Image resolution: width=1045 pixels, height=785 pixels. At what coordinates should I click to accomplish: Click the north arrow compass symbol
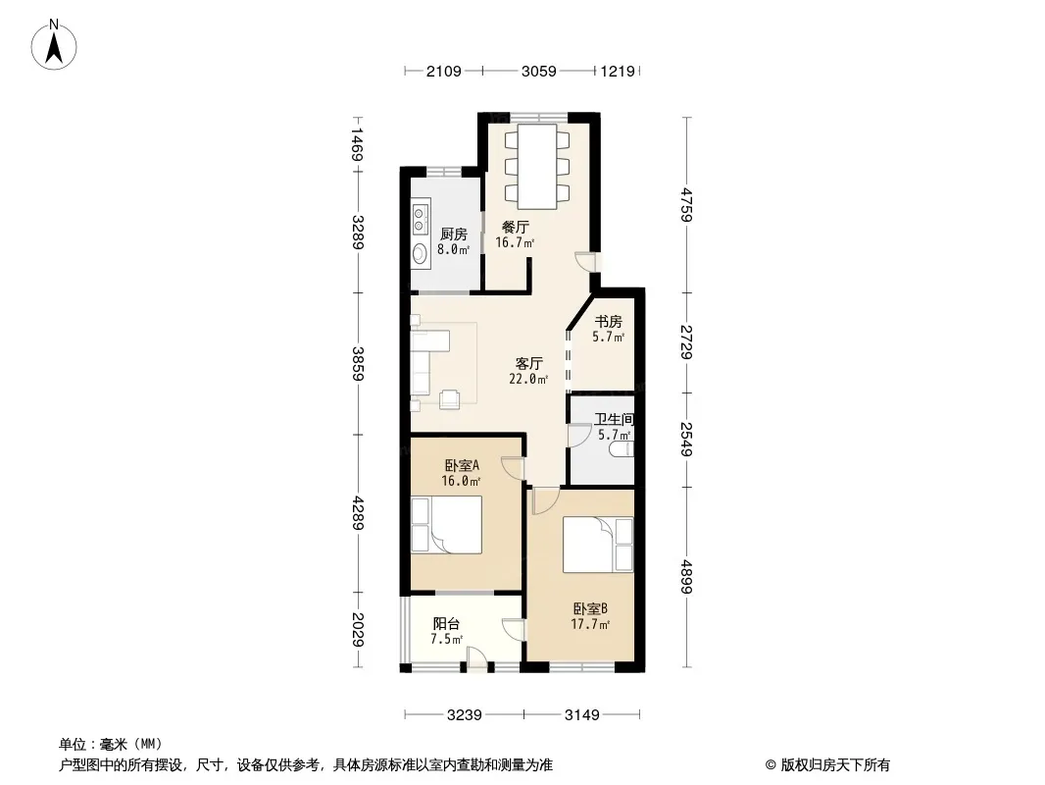click(x=54, y=45)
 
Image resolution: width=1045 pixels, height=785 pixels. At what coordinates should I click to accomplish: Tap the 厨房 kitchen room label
click(x=453, y=235)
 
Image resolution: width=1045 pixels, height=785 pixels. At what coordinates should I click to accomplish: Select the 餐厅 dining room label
click(x=516, y=227)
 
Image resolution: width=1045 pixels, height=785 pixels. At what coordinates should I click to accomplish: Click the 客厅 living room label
click(x=529, y=363)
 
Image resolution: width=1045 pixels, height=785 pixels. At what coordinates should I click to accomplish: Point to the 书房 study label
click(x=609, y=322)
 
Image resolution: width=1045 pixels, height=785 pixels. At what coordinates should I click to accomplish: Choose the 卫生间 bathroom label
click(x=614, y=420)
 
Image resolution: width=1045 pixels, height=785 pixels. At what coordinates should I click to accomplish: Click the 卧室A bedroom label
click(x=462, y=465)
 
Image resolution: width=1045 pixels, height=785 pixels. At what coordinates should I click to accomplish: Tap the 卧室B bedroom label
click(x=590, y=609)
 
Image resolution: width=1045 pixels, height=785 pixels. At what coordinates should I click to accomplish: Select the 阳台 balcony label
click(x=446, y=624)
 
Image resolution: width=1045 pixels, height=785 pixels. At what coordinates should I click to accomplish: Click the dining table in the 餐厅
click(x=537, y=167)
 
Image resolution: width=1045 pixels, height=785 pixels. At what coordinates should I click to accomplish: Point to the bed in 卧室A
click(x=446, y=525)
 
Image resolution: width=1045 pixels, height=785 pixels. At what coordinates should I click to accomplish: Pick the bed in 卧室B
click(x=598, y=545)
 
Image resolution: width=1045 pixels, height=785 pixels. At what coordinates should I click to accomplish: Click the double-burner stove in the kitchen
click(x=420, y=219)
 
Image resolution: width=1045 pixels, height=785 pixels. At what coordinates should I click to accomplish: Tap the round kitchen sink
click(x=420, y=253)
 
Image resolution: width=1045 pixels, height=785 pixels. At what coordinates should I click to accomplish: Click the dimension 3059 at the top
click(x=538, y=71)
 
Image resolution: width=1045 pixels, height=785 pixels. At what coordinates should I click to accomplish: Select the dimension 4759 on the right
click(x=687, y=205)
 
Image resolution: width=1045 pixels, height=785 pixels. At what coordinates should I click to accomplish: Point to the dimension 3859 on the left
click(x=359, y=363)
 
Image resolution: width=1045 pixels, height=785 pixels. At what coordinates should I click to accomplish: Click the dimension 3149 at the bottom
click(x=582, y=715)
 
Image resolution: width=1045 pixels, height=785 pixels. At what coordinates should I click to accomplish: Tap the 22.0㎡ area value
click(x=528, y=380)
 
